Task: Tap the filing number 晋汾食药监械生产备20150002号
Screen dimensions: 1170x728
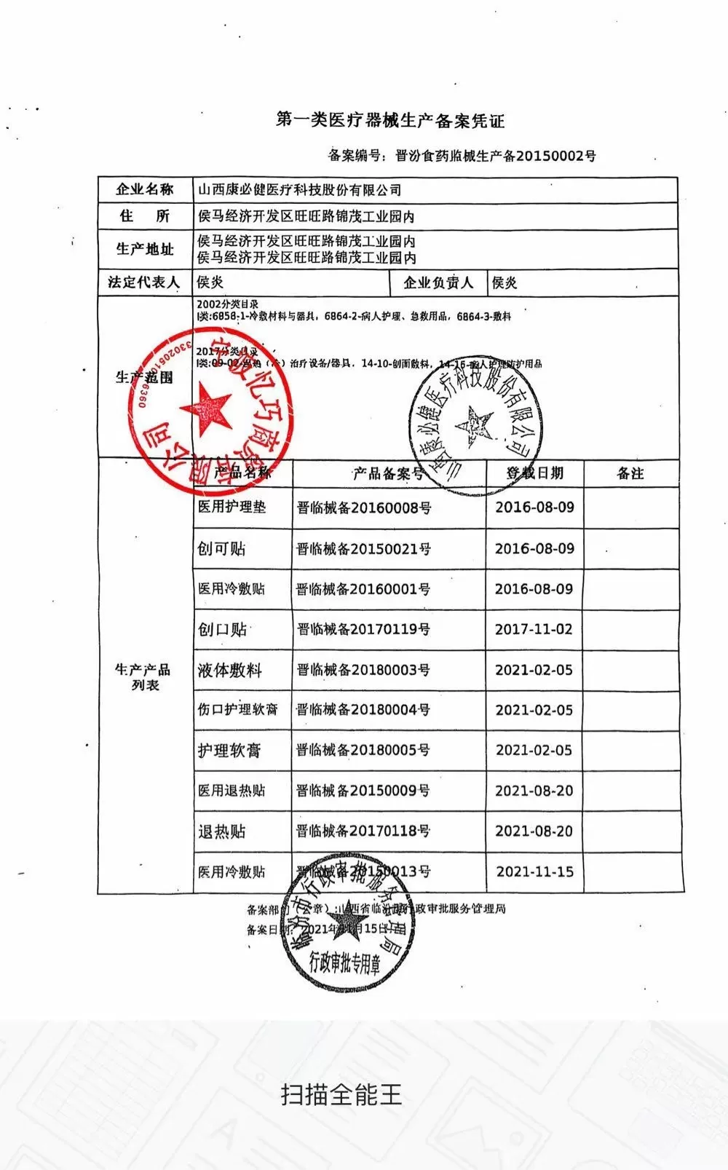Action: [x=495, y=156]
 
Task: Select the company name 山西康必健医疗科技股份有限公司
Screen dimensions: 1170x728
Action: [x=300, y=190]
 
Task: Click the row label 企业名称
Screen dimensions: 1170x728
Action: [x=145, y=190]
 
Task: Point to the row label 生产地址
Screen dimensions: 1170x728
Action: [x=145, y=249]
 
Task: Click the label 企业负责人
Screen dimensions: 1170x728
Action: [x=438, y=282]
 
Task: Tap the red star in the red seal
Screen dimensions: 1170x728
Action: [x=206, y=408]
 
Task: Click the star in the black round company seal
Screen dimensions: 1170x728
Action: [x=474, y=426]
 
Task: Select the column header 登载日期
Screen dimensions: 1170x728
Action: [x=535, y=473]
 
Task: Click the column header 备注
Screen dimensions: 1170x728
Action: [x=630, y=473]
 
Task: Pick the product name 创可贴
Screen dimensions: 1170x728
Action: [x=221, y=548]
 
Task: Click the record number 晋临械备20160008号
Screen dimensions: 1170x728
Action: [x=363, y=507]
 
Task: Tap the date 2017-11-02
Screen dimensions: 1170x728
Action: [x=534, y=629]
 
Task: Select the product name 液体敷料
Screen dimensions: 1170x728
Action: [x=229, y=670]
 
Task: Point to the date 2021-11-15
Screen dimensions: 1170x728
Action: [x=535, y=871]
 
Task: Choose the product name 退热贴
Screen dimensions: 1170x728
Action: [x=222, y=831]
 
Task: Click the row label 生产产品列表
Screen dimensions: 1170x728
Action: [x=143, y=677]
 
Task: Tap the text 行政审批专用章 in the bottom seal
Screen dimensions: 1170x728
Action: [x=345, y=965]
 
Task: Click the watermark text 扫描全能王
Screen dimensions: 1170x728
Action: [x=341, y=1094]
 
